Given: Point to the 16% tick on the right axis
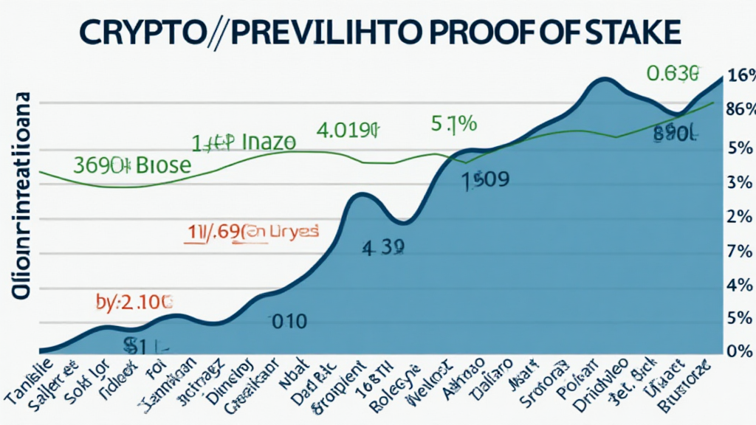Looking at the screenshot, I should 740,76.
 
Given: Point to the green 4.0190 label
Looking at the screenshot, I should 347,131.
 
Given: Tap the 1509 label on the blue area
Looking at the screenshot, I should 484,181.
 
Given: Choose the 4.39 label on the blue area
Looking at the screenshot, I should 383,249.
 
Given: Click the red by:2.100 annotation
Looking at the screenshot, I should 134,300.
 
